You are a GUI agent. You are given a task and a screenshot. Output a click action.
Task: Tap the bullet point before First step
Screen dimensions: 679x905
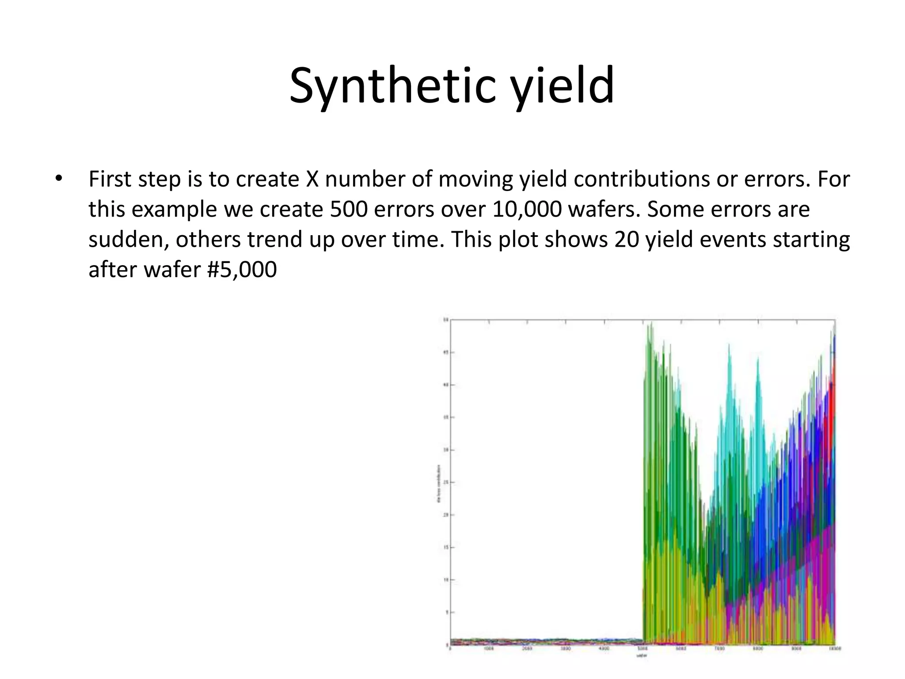[58, 179]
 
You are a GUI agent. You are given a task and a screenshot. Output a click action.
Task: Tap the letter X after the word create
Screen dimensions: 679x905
[312, 179]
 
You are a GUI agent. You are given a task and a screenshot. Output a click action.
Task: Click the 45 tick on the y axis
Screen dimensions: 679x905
[446, 353]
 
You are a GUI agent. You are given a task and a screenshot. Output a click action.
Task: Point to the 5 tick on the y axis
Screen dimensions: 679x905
[447, 612]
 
